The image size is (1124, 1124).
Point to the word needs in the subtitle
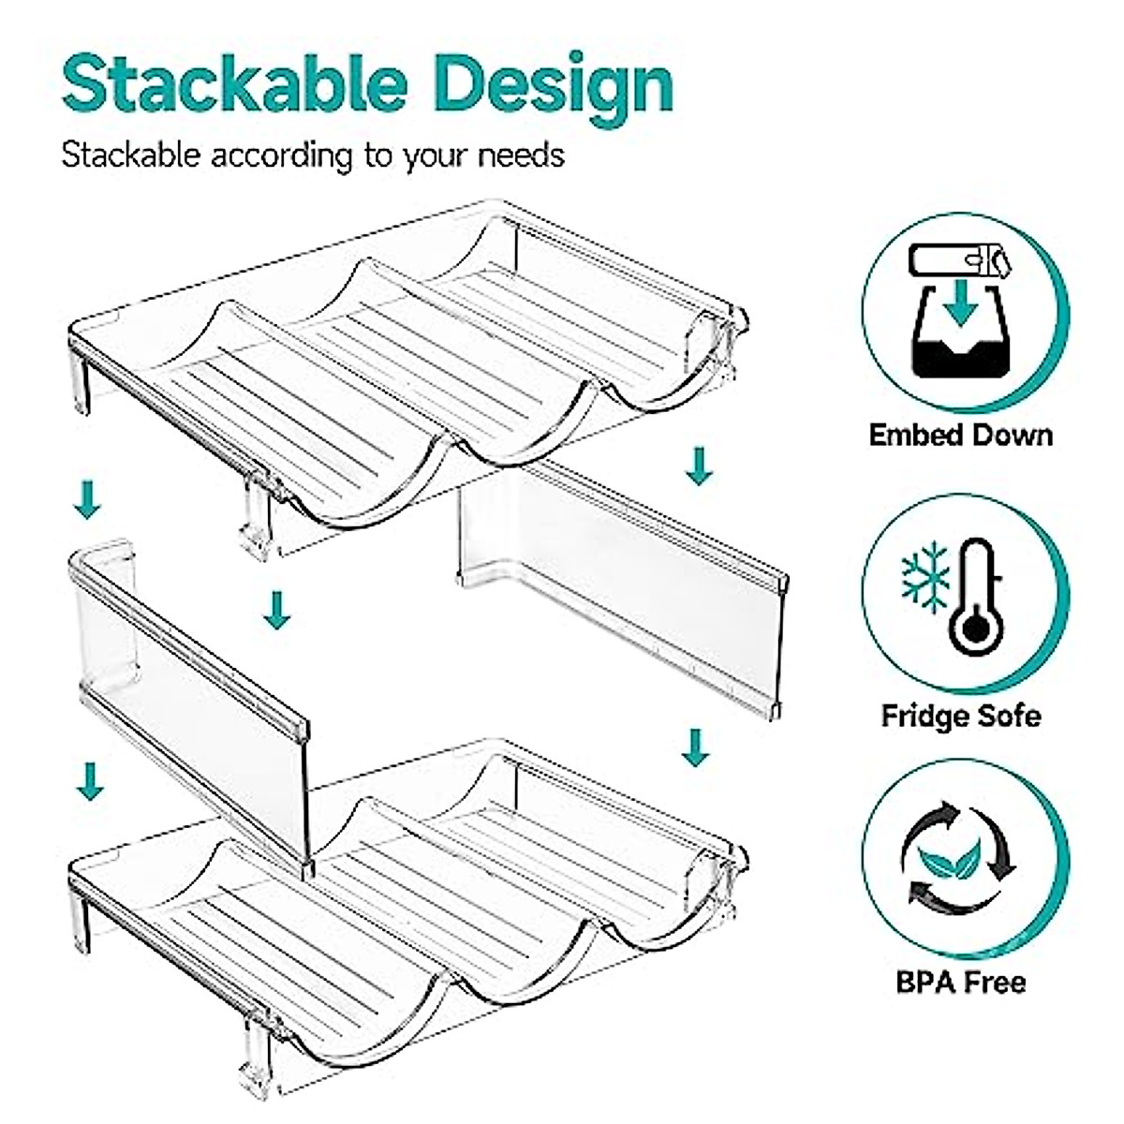coord(521,154)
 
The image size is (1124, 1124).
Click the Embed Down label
coord(960,436)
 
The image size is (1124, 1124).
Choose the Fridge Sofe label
coord(960,717)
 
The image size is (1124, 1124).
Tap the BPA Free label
coord(960,983)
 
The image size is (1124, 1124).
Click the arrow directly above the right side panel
coord(696,466)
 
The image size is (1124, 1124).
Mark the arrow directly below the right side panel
coord(694,747)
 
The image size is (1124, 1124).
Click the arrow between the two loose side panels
coord(276,610)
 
